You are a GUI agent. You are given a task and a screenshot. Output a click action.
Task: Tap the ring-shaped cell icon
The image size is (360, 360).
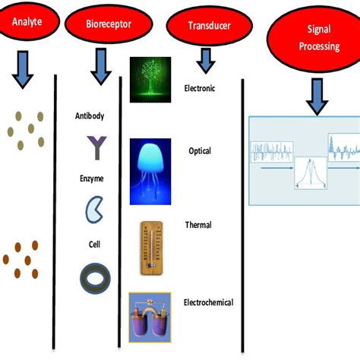click(95, 278)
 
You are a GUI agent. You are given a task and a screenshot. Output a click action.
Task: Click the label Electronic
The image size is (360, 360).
click(200, 89)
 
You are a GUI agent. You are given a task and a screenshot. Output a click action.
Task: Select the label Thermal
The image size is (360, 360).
click(198, 225)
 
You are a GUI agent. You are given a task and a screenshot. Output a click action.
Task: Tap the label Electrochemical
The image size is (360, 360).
click(209, 302)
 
